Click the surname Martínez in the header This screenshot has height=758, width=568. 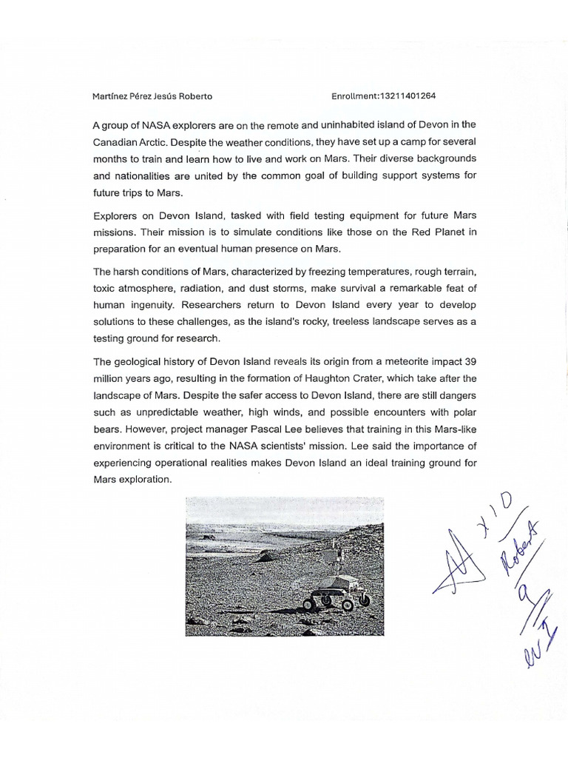(109, 95)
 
